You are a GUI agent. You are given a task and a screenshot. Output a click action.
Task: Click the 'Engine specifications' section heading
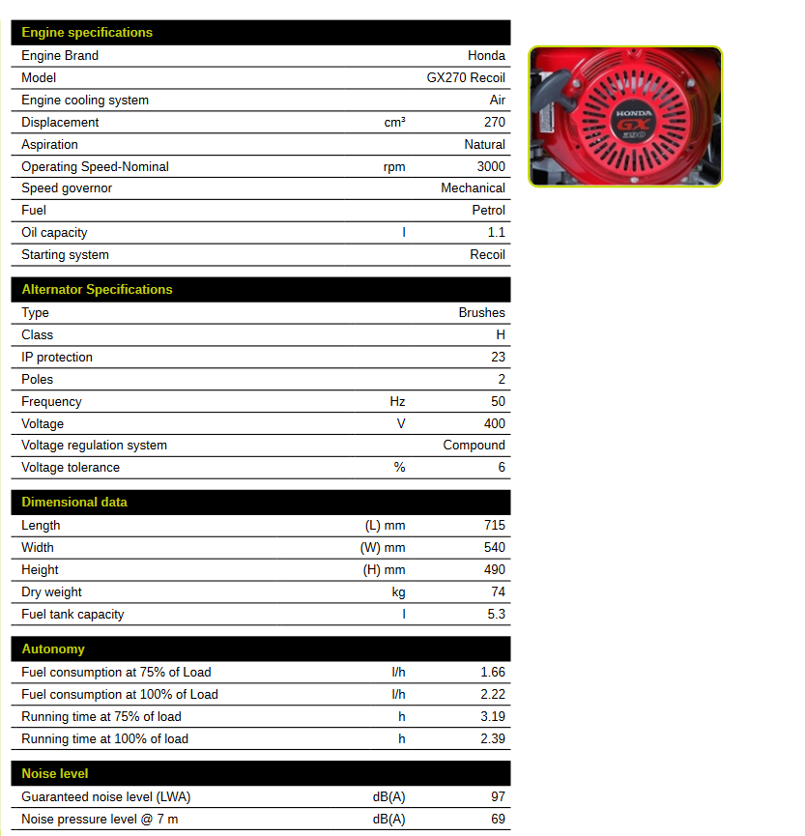tap(87, 33)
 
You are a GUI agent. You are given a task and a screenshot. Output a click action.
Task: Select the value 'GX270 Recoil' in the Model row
tap(466, 78)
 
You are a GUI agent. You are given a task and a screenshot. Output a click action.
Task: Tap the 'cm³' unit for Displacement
tap(394, 123)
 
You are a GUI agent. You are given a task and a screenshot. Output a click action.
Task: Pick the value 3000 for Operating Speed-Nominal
tap(491, 167)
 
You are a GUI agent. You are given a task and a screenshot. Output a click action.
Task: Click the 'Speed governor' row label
tap(67, 188)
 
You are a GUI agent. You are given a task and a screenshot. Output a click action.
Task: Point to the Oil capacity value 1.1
tap(496, 233)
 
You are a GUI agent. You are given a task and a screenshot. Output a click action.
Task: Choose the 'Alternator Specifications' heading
tap(97, 290)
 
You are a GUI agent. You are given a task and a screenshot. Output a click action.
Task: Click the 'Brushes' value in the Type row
tap(481, 313)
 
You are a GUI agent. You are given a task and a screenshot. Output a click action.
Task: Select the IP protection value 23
tap(498, 358)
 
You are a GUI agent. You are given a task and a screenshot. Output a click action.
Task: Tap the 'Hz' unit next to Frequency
tap(397, 402)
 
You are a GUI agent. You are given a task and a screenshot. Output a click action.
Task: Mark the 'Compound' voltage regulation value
tap(474, 446)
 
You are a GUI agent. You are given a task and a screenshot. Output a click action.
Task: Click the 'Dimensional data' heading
tap(74, 503)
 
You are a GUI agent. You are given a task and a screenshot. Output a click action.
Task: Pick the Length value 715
tap(494, 526)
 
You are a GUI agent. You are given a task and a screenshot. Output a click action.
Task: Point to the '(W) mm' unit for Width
tap(384, 548)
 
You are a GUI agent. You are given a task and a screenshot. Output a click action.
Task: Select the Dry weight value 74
tap(498, 592)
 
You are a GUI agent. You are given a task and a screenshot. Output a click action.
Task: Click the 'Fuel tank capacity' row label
tap(72, 615)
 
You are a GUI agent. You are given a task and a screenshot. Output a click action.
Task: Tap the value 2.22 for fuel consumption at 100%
tap(492, 695)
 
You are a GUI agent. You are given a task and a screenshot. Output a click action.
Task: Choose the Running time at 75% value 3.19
tap(492, 717)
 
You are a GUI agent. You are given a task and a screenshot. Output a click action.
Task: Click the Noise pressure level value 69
tap(498, 820)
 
